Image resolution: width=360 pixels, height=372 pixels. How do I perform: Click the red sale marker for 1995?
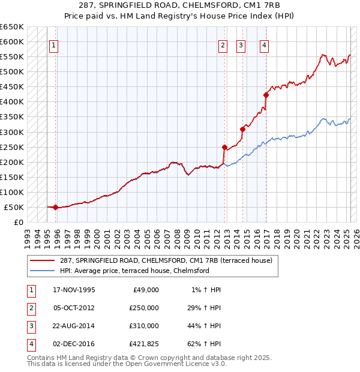[55, 208]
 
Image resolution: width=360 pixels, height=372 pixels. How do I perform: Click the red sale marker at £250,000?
[224, 147]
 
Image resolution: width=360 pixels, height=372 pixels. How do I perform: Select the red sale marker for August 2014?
[243, 129]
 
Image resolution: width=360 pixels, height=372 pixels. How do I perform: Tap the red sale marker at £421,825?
[266, 95]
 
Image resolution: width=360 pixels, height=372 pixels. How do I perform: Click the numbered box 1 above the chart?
[54, 44]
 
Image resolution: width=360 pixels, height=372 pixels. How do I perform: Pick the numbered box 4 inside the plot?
[264, 44]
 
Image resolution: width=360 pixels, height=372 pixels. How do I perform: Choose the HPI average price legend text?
[134, 271]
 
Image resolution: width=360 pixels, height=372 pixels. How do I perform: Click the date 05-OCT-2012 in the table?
[74, 308]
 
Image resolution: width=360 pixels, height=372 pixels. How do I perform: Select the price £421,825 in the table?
[144, 344]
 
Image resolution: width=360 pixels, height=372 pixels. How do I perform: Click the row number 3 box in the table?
[31, 326]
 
